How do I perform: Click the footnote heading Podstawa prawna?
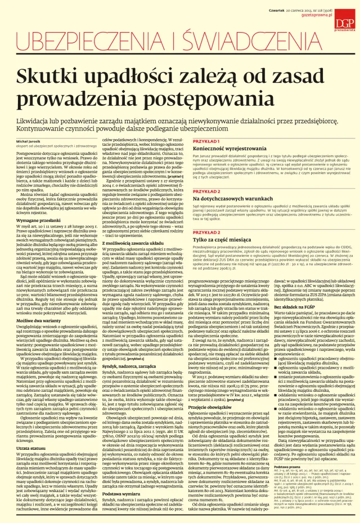tap(286, 482)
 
